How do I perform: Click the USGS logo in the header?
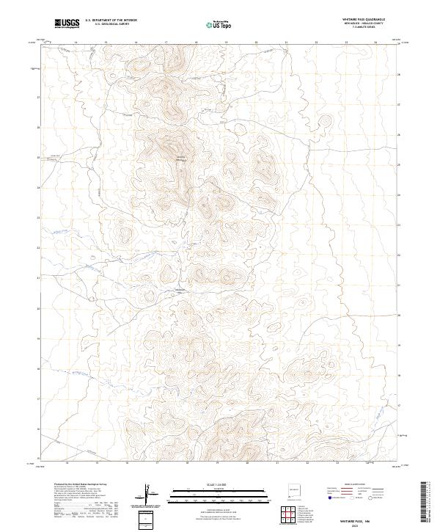point(67,24)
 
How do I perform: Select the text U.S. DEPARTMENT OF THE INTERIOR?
point(111,19)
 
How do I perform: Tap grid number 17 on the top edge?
point(166,43)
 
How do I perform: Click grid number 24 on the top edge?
point(375,43)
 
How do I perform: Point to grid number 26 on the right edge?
point(399,134)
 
